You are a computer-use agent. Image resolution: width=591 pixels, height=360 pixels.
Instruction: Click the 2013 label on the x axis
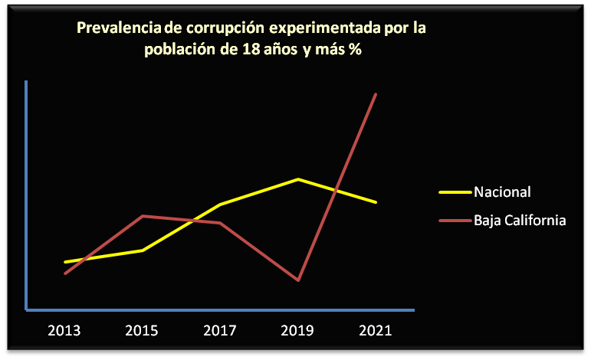[x=64, y=331]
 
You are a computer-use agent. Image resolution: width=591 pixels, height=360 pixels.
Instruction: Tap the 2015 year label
[x=142, y=331]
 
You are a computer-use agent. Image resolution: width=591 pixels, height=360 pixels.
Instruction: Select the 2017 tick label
[x=220, y=331]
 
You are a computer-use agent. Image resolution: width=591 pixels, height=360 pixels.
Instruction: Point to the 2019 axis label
[x=297, y=331]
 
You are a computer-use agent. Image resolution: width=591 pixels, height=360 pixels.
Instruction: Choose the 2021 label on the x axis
[x=376, y=331]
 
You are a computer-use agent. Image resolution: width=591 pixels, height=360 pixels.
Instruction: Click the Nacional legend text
[x=502, y=191]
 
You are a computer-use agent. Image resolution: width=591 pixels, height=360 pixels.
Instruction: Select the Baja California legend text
[x=520, y=221]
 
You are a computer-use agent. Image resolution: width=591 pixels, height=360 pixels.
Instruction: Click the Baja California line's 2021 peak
[x=376, y=94]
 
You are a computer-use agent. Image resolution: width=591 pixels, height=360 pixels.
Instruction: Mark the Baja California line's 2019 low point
[x=297, y=280]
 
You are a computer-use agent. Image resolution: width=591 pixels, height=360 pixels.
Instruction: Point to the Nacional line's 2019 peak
[x=297, y=179]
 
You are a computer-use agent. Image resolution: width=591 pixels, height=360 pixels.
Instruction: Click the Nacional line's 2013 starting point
[x=65, y=262]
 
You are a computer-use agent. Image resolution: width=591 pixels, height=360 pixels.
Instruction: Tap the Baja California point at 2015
[x=143, y=216]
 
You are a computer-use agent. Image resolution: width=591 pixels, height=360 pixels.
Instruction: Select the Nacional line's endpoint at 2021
[x=376, y=202]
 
